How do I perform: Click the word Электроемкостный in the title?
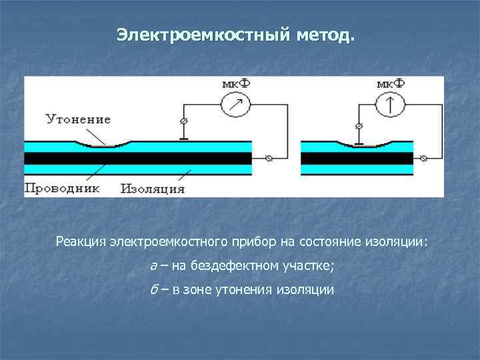click(200, 34)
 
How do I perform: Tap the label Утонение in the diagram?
click(78, 120)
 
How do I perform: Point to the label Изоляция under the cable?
click(153, 188)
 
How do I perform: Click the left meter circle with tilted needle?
click(235, 104)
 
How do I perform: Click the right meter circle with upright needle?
click(390, 104)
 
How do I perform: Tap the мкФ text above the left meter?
click(235, 83)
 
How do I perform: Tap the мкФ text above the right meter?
click(390, 83)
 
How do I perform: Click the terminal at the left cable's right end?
click(269, 158)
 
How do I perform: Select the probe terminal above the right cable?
click(359, 126)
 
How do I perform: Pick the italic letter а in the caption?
click(153, 266)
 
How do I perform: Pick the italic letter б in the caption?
click(153, 290)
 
